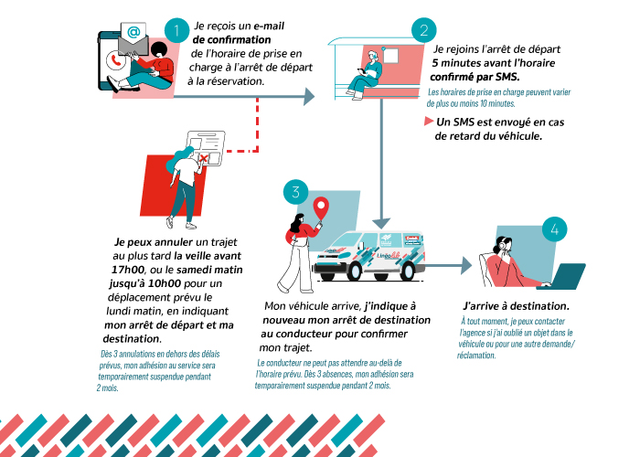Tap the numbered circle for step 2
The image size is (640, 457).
coord(423,31)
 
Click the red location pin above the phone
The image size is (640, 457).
coord(320,209)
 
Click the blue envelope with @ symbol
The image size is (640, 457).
coord(133,34)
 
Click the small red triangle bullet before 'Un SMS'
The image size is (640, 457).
coord(428,122)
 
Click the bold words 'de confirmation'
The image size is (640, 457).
coord(231,40)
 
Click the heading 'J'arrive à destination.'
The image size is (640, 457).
coord(516,305)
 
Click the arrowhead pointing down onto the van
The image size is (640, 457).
coord(382,222)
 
